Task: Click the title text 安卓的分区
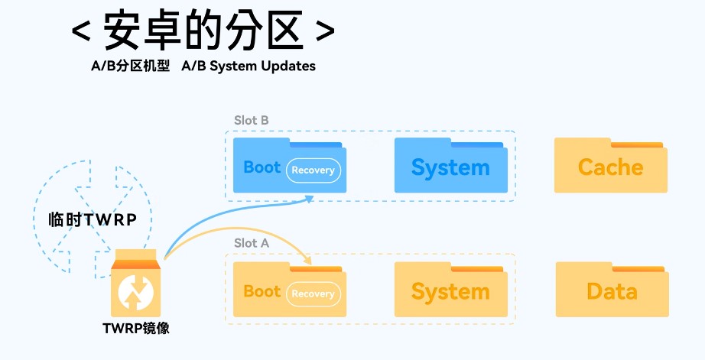203,31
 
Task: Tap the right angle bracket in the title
324,33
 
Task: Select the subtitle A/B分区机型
130,66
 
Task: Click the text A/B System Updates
249,66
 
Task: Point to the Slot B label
251,120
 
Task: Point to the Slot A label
251,243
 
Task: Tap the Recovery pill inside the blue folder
313,170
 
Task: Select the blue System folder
450,167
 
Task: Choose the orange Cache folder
610,167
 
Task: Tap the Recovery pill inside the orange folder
313,294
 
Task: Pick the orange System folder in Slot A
450,290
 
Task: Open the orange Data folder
611,290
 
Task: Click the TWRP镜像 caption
136,329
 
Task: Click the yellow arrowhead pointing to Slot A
310,259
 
